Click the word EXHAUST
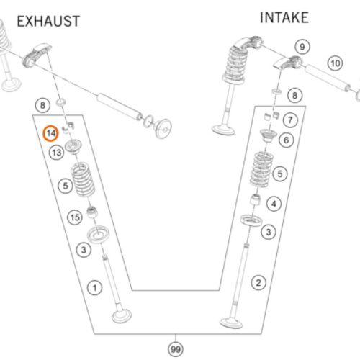[x=48, y=21]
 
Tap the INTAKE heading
[x=284, y=18]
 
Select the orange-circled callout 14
[x=51, y=133]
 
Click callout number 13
[x=57, y=153]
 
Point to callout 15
[x=75, y=217]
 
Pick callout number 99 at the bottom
[x=176, y=349]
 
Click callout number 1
[x=94, y=288]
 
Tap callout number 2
[x=258, y=283]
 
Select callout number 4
[x=274, y=204]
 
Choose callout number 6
[x=287, y=140]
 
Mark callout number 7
[x=290, y=120]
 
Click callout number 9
[x=302, y=47]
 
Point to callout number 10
[x=336, y=63]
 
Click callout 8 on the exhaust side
[x=42, y=105]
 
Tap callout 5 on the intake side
[x=280, y=174]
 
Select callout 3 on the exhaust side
[x=84, y=250]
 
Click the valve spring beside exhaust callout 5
[x=83, y=179]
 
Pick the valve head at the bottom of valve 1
[x=122, y=316]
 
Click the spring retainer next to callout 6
[x=269, y=135]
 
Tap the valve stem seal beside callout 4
[x=256, y=199]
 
